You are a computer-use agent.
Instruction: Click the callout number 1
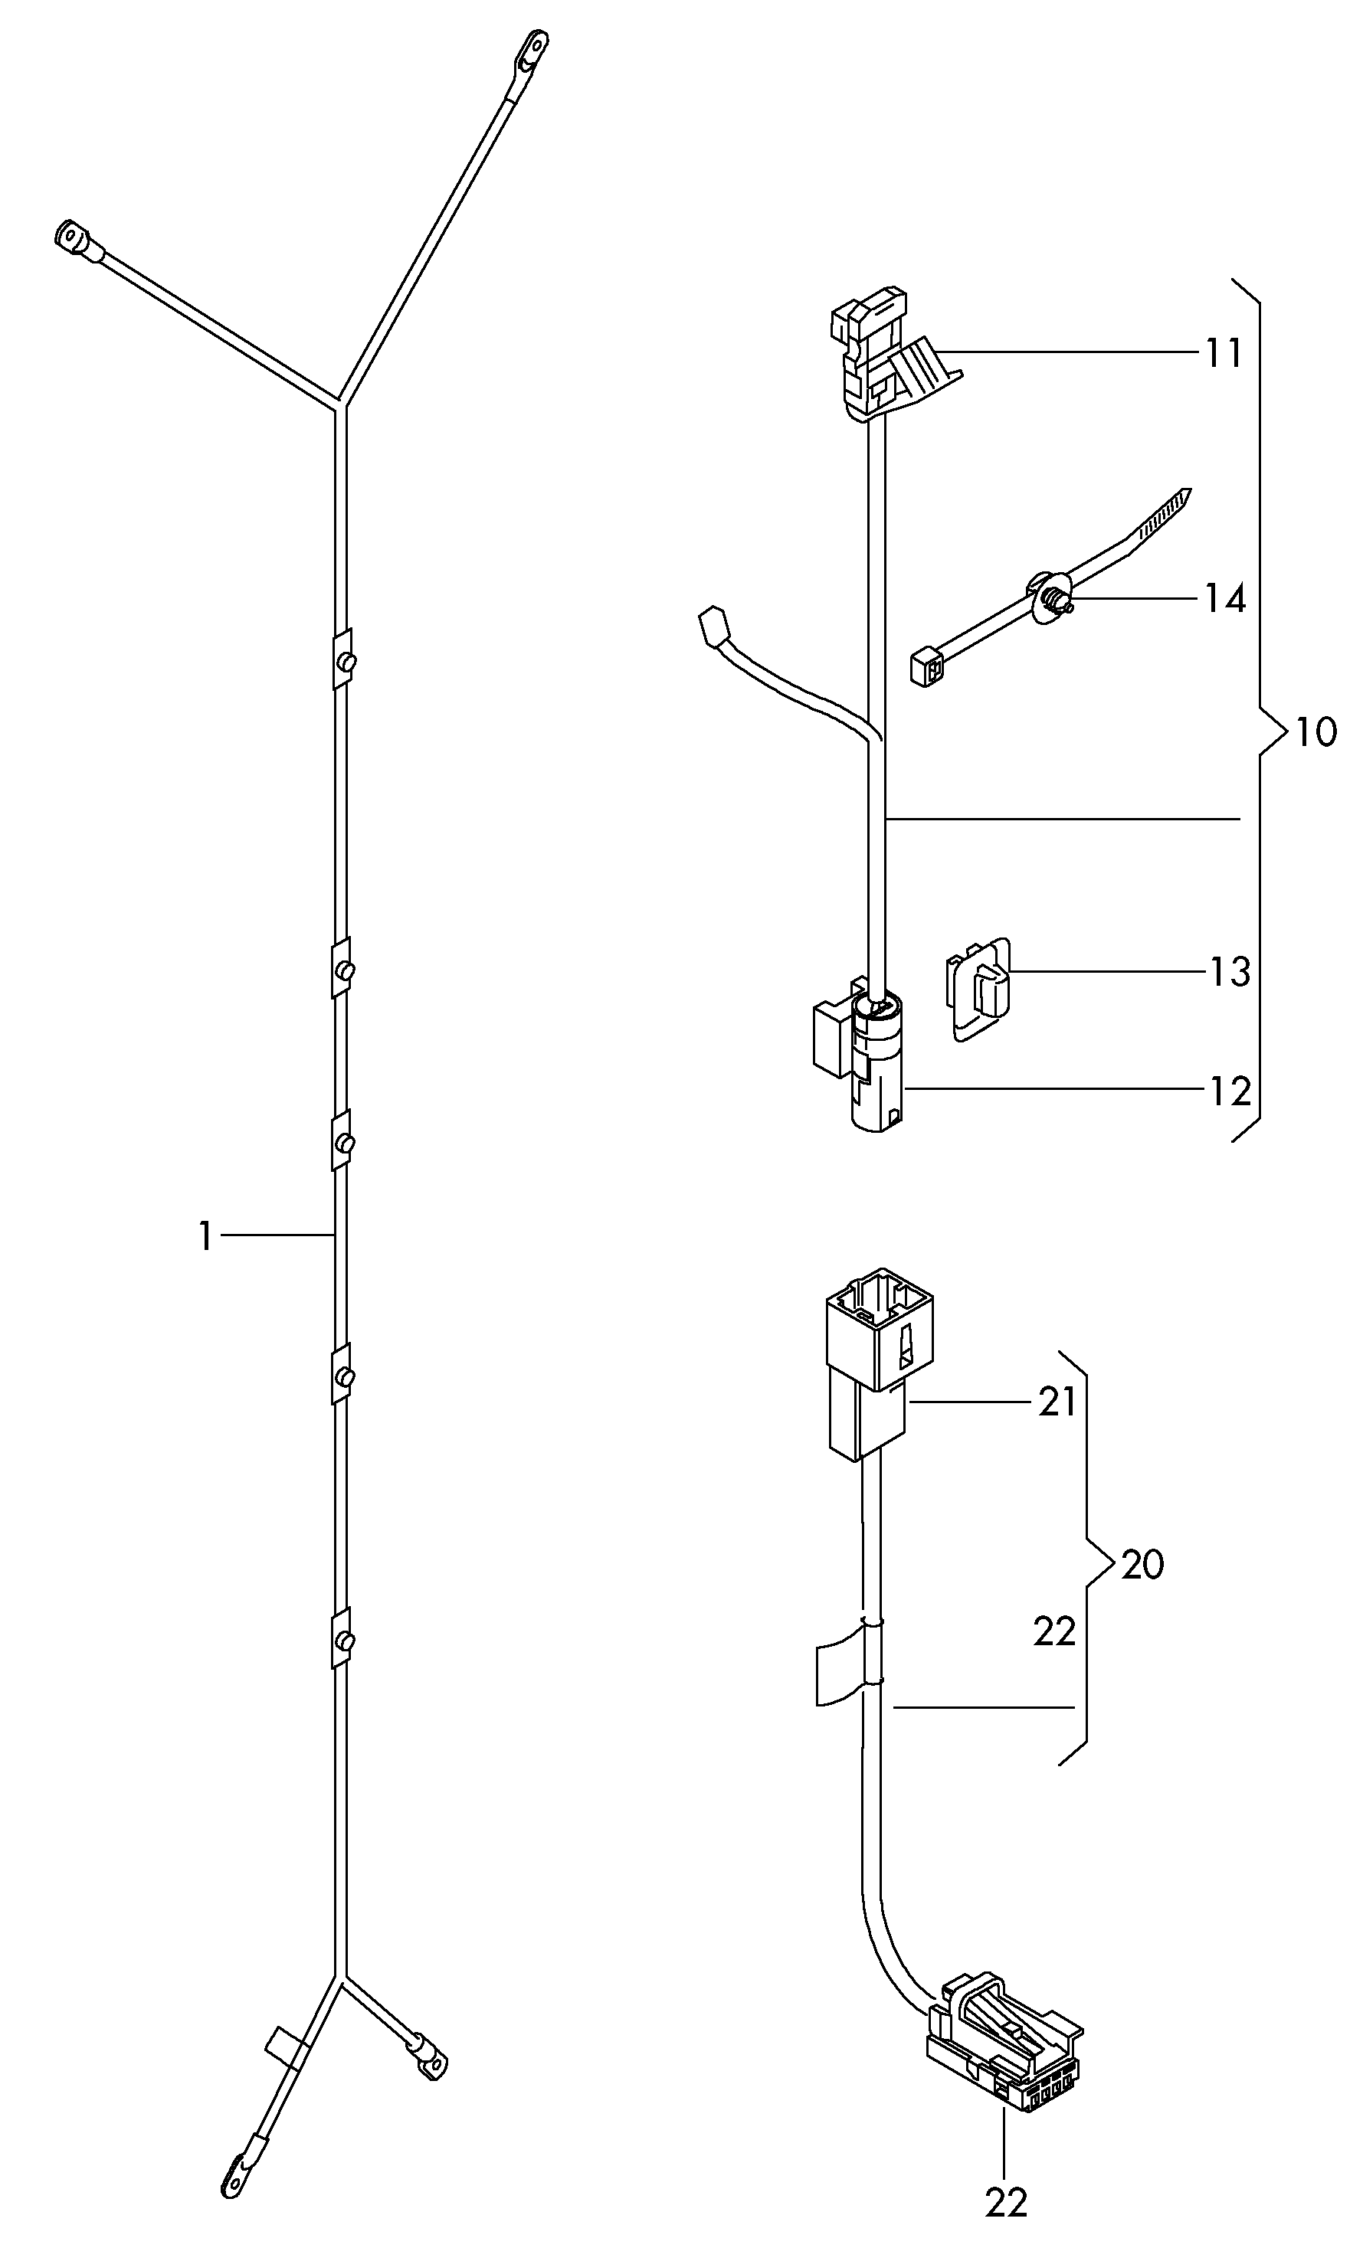205,1236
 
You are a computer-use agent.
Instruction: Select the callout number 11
1223,353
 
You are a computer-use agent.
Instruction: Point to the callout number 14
1225,599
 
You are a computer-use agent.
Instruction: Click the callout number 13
1229,973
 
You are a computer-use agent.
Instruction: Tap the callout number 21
1057,1402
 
